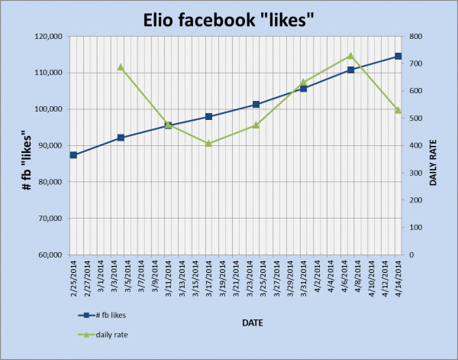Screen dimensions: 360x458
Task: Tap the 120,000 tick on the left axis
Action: pos(45,37)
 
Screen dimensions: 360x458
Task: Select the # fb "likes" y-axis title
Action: pos(14,145)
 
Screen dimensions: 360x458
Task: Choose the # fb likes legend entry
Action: pos(111,315)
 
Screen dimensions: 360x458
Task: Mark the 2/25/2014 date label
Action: pos(73,283)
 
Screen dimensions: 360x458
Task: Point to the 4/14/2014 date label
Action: pos(398,283)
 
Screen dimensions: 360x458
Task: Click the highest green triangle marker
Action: pos(350,56)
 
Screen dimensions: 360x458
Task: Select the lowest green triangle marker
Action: pos(208,143)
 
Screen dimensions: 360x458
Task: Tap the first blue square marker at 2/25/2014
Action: pos(73,155)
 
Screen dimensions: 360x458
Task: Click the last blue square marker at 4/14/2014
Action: pos(398,57)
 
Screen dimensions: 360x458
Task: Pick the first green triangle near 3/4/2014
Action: pos(121,67)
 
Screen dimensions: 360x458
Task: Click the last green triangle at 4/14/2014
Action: pos(398,110)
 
